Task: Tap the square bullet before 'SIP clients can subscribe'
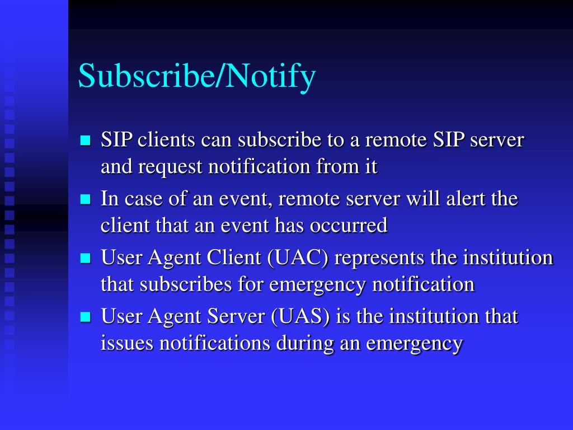86,140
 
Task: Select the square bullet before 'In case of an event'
86,199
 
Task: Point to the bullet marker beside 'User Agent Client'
86,258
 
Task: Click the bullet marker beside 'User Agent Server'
86,317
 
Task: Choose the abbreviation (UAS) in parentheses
301,317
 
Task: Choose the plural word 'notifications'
215,343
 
